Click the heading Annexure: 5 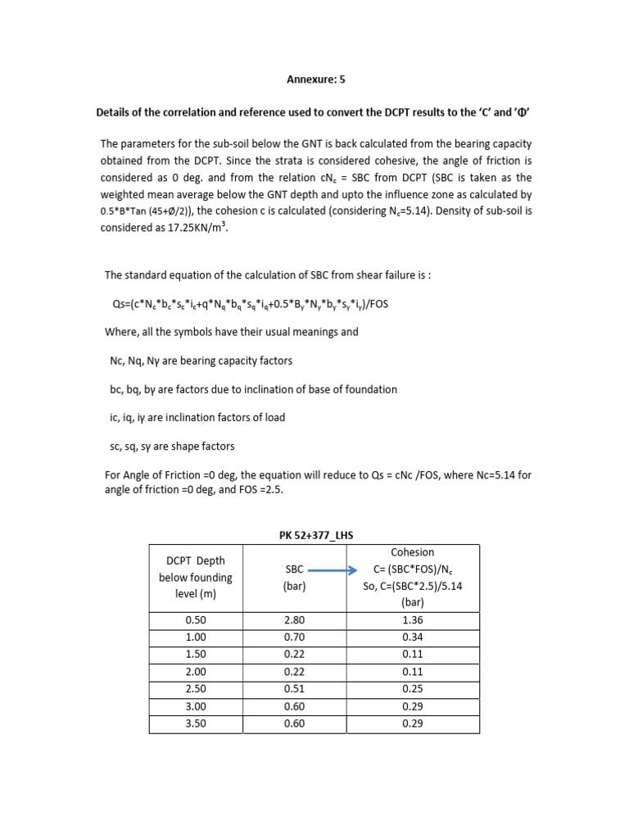coord(314,79)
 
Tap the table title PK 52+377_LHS coord(314,535)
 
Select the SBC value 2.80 coord(294,620)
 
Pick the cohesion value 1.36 coord(414,620)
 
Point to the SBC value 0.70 coord(294,637)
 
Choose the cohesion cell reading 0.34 coord(414,637)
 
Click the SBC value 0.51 coord(294,688)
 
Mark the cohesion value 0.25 coord(414,688)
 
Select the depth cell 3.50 coord(196,723)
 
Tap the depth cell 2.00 coord(196,671)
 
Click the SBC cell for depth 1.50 coord(294,655)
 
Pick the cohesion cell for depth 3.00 coord(414,706)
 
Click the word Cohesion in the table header coord(414,552)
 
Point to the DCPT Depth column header coord(196,577)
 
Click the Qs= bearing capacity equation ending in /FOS coord(250,304)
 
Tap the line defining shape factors coord(172,447)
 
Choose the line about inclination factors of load coord(197,417)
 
